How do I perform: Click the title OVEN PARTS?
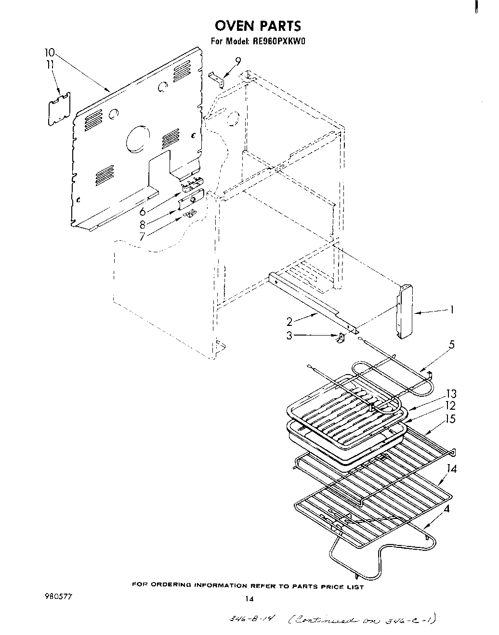258,25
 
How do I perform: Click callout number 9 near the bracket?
238,61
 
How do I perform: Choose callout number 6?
143,212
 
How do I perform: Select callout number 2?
289,321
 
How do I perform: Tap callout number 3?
289,336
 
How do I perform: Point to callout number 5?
451,345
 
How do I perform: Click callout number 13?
451,394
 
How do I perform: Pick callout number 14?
451,468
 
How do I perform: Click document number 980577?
59,596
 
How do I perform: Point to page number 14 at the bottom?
249,599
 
